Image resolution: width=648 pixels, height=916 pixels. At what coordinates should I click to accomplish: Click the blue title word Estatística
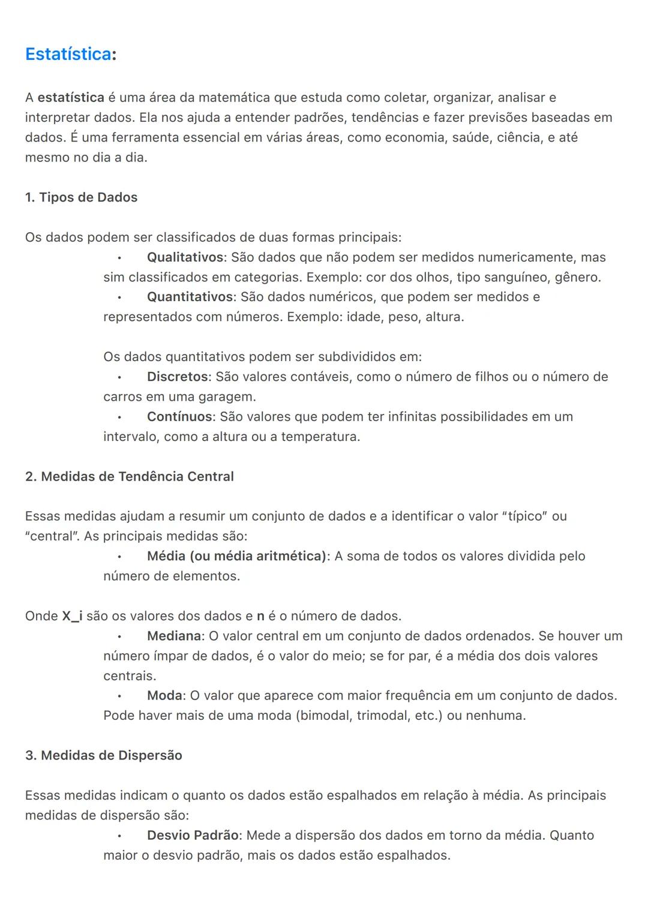tap(68, 54)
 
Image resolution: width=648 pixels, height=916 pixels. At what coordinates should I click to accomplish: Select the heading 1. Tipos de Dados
tap(81, 197)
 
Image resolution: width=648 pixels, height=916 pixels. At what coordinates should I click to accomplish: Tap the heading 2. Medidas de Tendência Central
tap(129, 476)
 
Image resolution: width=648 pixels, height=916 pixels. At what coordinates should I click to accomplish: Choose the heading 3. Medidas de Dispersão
tap(103, 755)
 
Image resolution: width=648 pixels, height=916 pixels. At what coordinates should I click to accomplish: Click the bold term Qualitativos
tap(185, 257)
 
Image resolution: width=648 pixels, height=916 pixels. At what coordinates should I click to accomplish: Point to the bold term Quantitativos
tap(190, 297)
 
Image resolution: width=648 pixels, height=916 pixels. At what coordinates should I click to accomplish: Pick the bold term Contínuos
tap(179, 416)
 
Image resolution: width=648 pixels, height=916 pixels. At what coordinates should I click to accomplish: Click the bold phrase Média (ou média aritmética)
tap(236, 556)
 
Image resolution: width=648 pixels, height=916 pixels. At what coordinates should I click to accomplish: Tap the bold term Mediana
tap(174, 636)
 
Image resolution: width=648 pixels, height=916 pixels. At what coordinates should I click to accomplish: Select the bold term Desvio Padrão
tap(193, 835)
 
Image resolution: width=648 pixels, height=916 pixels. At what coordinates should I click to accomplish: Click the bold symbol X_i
tap(72, 616)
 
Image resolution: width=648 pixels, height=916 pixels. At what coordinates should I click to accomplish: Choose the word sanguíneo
tap(517, 277)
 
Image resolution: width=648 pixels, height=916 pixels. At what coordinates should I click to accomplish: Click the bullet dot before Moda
tap(119, 696)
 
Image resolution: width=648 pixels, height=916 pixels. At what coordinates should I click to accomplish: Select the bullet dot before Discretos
tap(119, 377)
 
